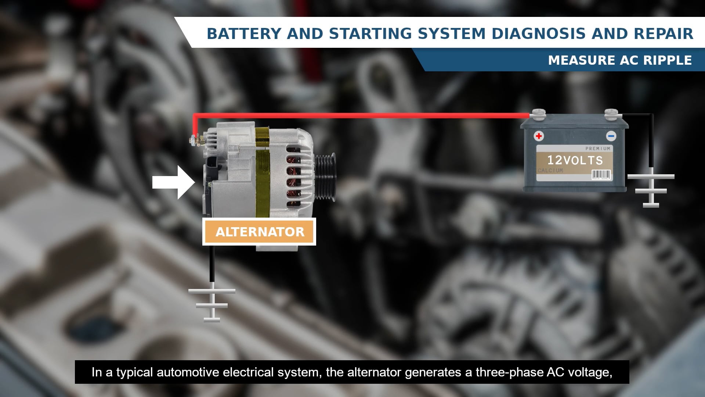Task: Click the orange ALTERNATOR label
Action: (260, 232)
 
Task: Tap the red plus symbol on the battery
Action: (539, 136)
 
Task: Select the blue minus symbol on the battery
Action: (611, 136)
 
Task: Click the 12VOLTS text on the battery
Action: (575, 160)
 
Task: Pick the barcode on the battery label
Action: (601, 175)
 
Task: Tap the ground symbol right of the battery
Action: (651, 189)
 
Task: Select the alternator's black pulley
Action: (325, 177)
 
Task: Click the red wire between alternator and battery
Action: (360, 116)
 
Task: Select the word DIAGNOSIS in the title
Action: (538, 34)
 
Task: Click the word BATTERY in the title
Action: (244, 34)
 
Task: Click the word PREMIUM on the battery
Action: (598, 149)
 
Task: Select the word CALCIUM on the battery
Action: (550, 171)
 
